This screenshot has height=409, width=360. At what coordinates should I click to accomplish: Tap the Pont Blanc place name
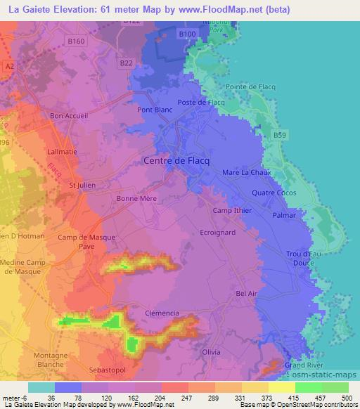click(154, 110)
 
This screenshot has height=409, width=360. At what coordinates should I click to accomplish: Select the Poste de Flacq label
click(201, 103)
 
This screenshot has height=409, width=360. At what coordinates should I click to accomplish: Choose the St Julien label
click(82, 186)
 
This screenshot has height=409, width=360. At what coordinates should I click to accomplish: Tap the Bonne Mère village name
click(136, 199)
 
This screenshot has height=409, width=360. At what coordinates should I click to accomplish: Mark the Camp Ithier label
click(232, 211)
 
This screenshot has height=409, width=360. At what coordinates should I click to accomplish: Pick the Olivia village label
click(211, 351)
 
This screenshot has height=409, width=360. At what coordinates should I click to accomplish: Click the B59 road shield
click(281, 134)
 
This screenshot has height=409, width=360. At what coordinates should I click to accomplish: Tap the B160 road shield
click(77, 41)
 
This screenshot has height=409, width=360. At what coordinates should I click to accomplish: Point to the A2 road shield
click(9, 65)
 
